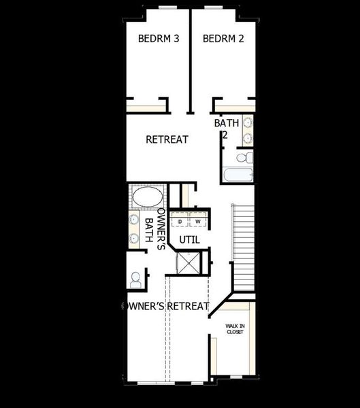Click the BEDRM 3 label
coord(159,39)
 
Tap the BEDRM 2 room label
coord(223,39)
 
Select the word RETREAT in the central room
coord(167,139)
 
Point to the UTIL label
coord(189,239)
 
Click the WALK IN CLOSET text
coord(235,329)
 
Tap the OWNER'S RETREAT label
coord(165,306)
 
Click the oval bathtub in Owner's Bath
coord(147,198)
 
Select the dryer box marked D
coord(180,222)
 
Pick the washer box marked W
coord(198,222)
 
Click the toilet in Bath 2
coord(242,158)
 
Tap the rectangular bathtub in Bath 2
coord(238,175)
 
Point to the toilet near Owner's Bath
coord(136,278)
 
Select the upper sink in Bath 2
coord(248,123)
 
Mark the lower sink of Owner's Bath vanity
coord(133,238)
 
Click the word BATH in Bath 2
coord(227,124)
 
